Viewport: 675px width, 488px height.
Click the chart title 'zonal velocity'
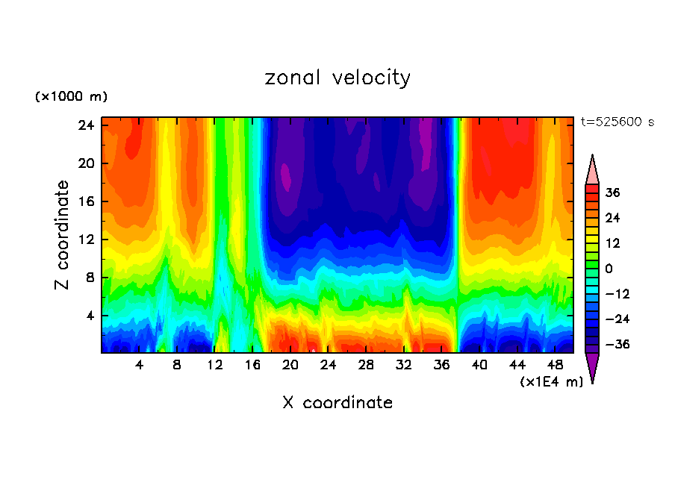coord(337,78)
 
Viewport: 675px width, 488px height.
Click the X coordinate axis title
coord(337,403)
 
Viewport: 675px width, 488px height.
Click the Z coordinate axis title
coord(63,235)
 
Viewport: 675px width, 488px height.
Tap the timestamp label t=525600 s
coord(617,122)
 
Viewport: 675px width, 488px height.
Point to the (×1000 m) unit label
coord(72,97)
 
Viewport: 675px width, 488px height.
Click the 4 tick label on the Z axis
coord(87,316)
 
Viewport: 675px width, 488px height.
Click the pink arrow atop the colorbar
coord(592,169)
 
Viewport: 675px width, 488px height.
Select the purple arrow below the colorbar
coord(592,368)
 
